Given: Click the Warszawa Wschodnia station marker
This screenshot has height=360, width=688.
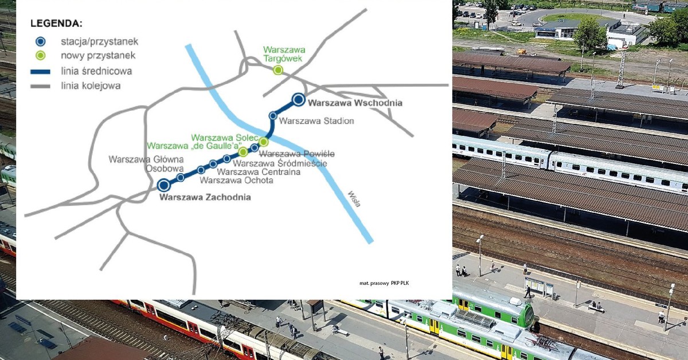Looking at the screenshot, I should [x=298, y=100].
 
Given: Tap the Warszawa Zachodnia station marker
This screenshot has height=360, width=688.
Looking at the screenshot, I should [x=164, y=185].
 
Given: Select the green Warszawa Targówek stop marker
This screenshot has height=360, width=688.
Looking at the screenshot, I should [x=278, y=70].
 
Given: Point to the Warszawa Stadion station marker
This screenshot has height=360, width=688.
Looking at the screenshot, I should [x=273, y=116].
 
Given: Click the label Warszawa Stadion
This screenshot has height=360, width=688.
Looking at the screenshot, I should [x=316, y=121].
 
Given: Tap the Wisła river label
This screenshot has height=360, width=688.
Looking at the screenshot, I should [x=353, y=202].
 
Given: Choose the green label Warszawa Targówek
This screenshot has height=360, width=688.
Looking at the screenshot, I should [x=284, y=54].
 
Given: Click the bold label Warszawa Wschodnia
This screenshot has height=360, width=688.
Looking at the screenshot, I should [x=355, y=103].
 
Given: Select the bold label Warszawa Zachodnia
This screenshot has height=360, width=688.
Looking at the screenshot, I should [x=205, y=198].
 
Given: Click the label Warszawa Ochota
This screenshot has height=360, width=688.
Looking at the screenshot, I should [x=236, y=181].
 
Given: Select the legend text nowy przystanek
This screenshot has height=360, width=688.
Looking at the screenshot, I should [x=98, y=56].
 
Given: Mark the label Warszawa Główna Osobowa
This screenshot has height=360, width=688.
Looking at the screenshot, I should [x=146, y=164].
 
